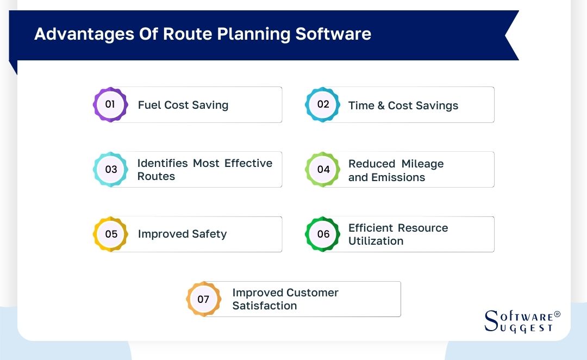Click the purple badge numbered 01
point(110,104)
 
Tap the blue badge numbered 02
point(323,104)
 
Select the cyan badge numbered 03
point(110,169)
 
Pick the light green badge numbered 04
point(323,169)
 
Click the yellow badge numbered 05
point(110,234)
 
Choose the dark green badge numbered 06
point(323,234)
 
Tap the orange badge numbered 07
point(203,299)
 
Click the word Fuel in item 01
point(148,105)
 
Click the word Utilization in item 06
point(376,241)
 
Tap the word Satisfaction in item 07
point(265,306)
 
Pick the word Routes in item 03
point(156,176)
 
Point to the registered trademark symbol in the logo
point(557,315)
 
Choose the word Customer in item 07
point(308,293)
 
